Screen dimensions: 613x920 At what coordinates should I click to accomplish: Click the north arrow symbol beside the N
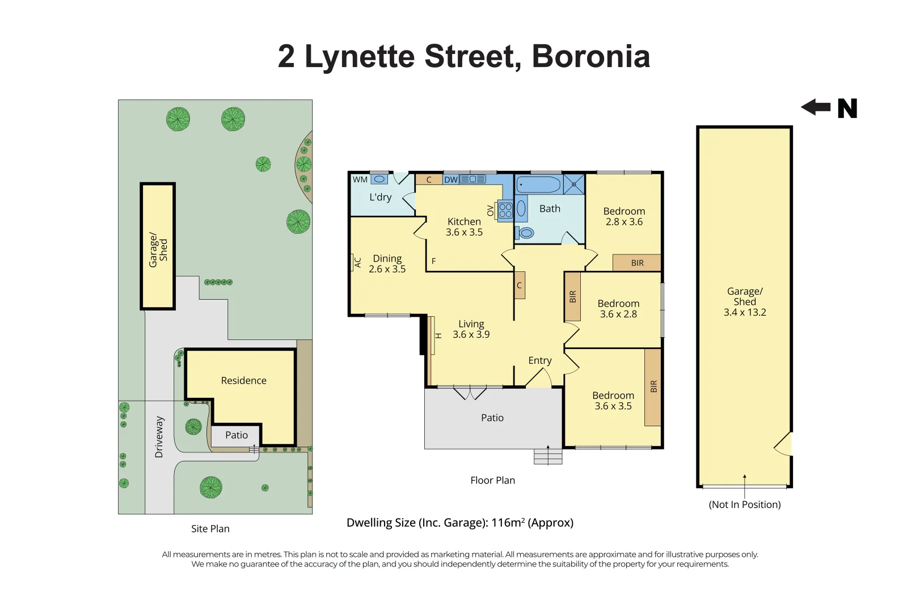click(x=816, y=107)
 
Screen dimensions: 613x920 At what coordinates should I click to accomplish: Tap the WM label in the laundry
click(x=360, y=179)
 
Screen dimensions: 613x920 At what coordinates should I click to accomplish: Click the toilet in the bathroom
click(x=526, y=233)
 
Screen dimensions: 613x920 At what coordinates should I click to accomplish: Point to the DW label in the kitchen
click(x=451, y=179)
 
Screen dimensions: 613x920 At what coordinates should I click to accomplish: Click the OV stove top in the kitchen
click(x=505, y=211)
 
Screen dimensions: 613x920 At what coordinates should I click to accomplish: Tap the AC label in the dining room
click(x=357, y=262)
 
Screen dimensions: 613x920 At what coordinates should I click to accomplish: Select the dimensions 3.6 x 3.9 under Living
click(x=471, y=334)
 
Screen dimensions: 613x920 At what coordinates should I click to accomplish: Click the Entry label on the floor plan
click(x=539, y=360)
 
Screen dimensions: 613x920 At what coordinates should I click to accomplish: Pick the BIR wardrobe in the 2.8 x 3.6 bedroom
click(x=637, y=263)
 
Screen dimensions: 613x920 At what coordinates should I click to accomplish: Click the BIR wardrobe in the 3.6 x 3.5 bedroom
click(x=653, y=387)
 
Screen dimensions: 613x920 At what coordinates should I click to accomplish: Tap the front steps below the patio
click(x=548, y=456)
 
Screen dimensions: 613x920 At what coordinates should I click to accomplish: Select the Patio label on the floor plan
click(x=492, y=418)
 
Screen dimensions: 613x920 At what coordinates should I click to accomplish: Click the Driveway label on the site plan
click(x=159, y=437)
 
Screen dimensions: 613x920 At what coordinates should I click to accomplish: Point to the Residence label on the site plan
click(x=243, y=380)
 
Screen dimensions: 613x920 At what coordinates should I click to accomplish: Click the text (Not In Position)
click(x=744, y=505)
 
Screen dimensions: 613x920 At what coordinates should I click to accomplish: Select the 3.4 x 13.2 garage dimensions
click(x=744, y=312)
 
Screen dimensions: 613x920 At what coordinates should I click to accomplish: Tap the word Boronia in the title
click(x=590, y=57)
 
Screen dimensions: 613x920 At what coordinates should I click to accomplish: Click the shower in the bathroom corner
click(x=574, y=184)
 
